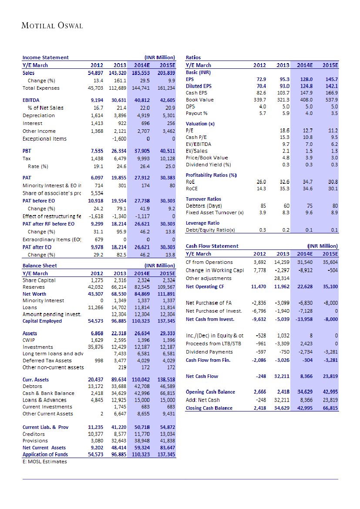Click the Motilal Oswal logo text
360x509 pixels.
[52, 26]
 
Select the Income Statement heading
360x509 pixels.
[46, 57]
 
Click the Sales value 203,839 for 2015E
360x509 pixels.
[166, 73]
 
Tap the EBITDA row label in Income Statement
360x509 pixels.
[31, 100]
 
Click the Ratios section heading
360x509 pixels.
[193, 57]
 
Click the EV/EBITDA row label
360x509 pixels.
[199, 144]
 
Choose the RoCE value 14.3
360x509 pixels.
[261, 189]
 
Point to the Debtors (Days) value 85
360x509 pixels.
[263, 206]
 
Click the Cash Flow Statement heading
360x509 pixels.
[212, 246]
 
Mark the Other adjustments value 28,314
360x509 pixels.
[282, 278]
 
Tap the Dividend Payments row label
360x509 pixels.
[209, 352]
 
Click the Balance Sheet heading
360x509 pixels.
[40, 265]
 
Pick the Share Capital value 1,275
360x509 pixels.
[97, 280]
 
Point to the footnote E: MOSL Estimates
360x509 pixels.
[44, 462]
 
